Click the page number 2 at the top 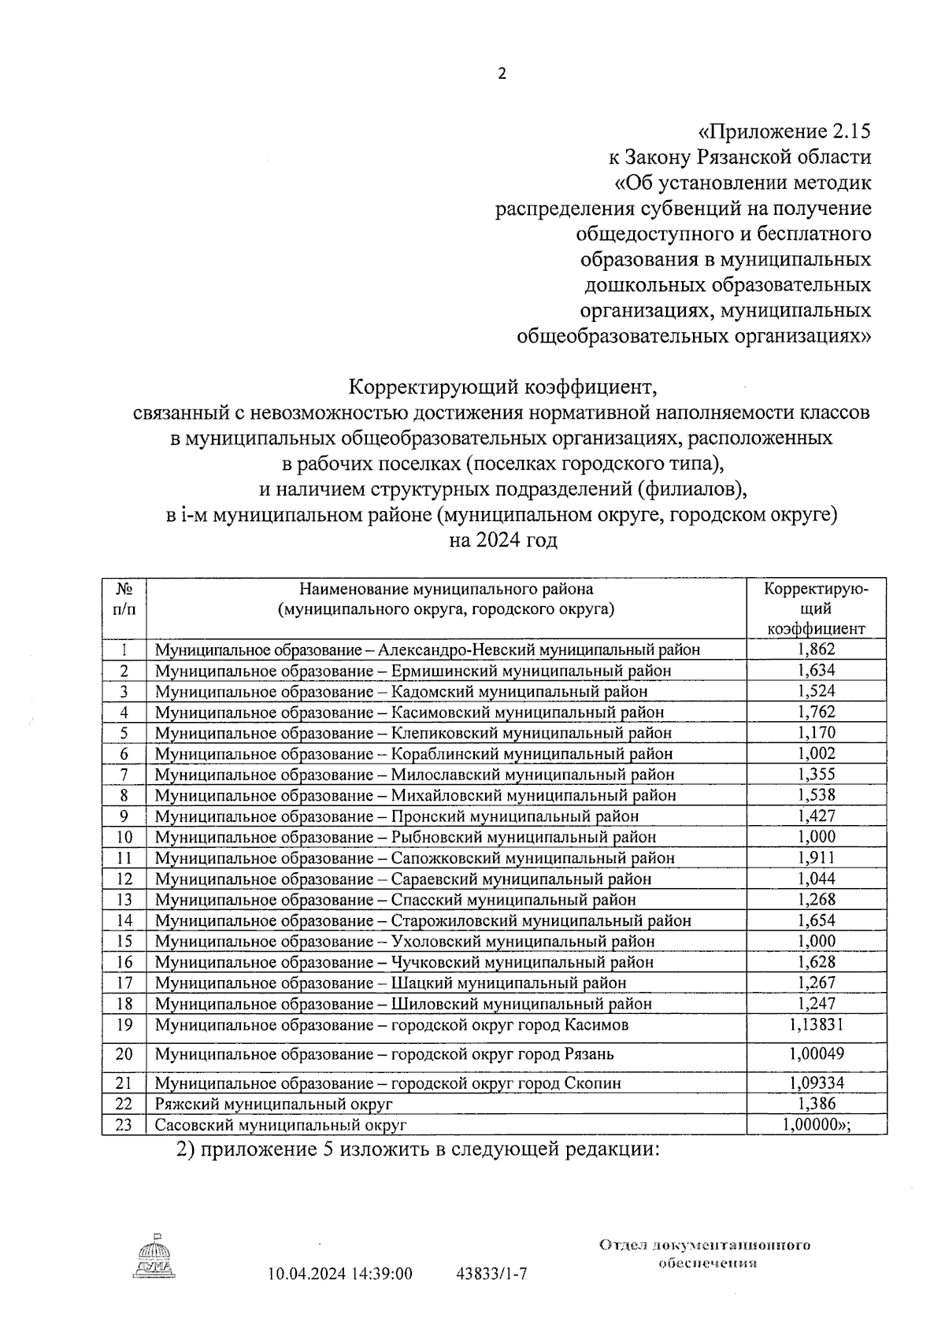click(502, 74)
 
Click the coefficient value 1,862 click(816, 649)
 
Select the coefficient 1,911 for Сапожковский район click(816, 857)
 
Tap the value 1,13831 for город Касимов click(816, 1024)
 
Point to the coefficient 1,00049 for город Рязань click(816, 1053)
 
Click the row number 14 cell click(124, 920)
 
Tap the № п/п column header click(124, 599)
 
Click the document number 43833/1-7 click(491, 1274)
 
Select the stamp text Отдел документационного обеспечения click(705, 1253)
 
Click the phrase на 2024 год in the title click(502, 541)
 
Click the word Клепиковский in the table click(443, 733)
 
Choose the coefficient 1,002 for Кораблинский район click(816, 753)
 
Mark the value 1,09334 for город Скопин click(816, 1083)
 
